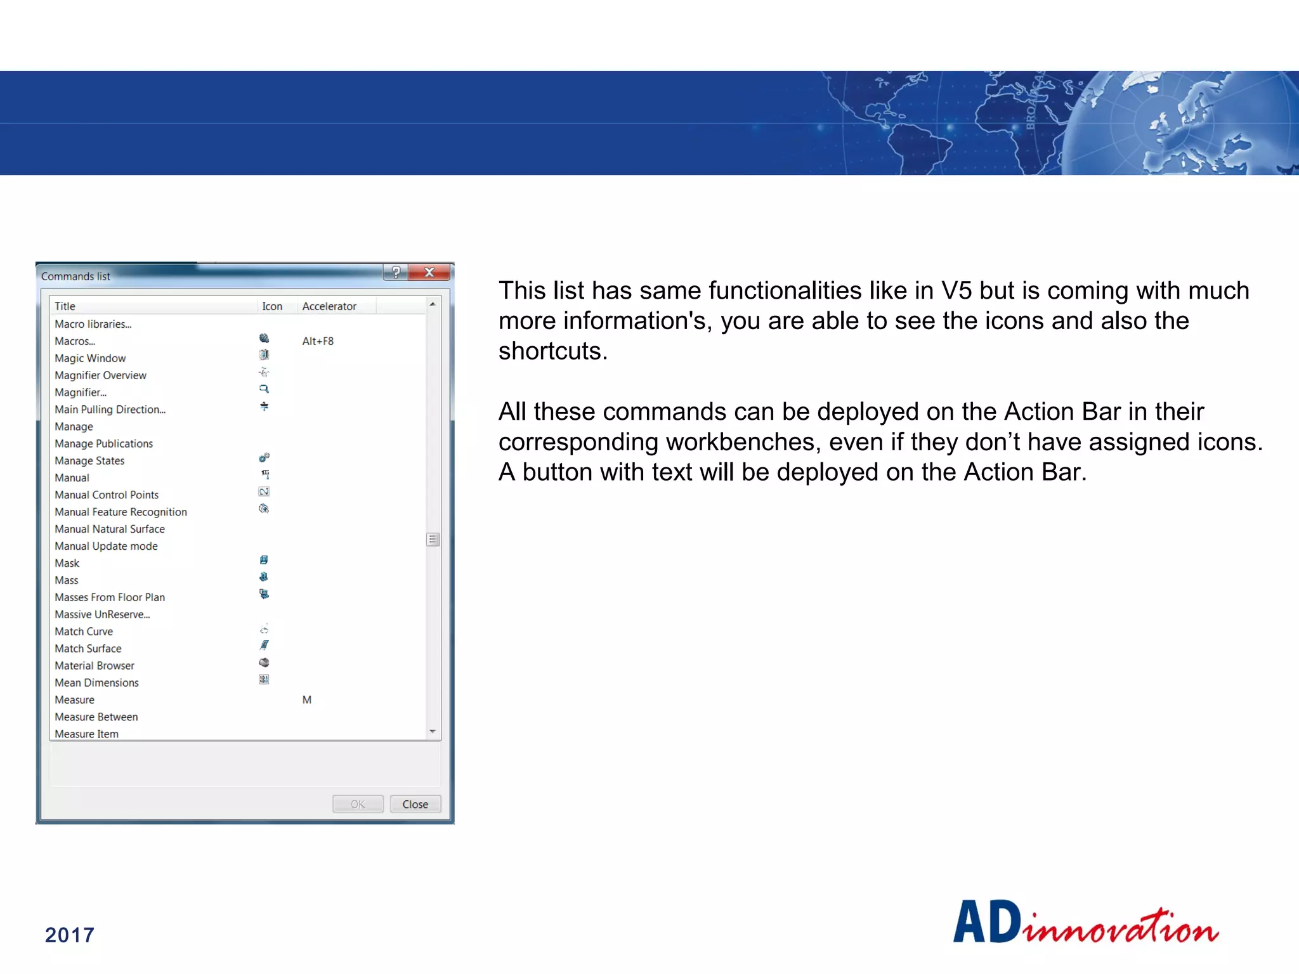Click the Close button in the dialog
pyautogui.click(x=415, y=804)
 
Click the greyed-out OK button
pyautogui.click(x=358, y=804)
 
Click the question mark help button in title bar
pyautogui.click(x=396, y=273)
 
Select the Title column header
pyautogui.click(x=65, y=306)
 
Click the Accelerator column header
pyautogui.click(x=329, y=306)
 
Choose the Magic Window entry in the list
pyautogui.click(x=90, y=358)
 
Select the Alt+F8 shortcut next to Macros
pyautogui.click(x=318, y=341)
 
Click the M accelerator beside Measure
pyautogui.click(x=307, y=700)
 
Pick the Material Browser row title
pyautogui.click(x=95, y=666)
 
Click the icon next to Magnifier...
pyautogui.click(x=264, y=389)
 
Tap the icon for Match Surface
pyautogui.click(x=264, y=646)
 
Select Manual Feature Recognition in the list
pyautogui.click(x=121, y=512)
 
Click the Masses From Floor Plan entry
pyautogui.click(x=110, y=597)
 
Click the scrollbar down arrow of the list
pyautogui.click(x=433, y=732)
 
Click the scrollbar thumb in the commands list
pyautogui.click(x=433, y=540)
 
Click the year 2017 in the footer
pyautogui.click(x=70, y=935)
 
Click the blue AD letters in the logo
pyautogui.click(x=987, y=923)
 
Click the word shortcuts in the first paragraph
pyautogui.click(x=552, y=351)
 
